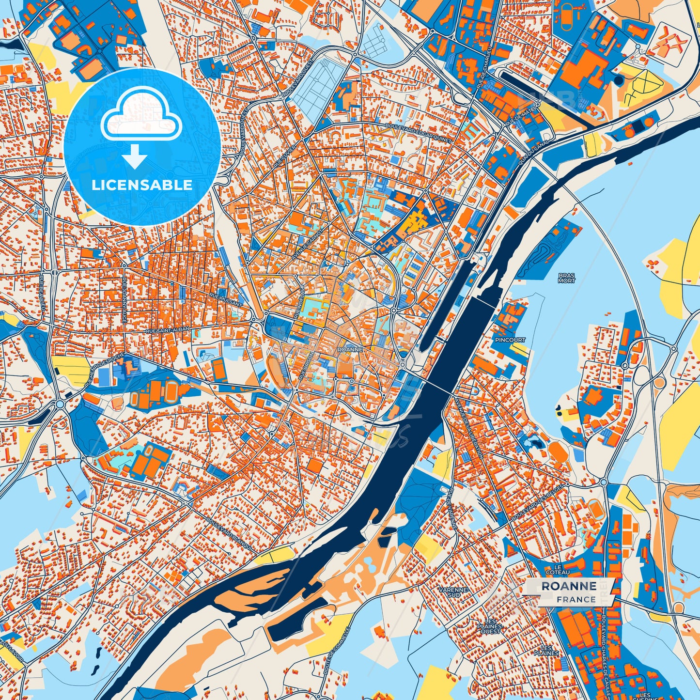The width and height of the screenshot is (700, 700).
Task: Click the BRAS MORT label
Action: point(566,278)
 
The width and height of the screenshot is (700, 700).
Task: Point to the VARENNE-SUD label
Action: point(452,592)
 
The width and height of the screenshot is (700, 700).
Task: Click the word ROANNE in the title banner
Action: point(569,586)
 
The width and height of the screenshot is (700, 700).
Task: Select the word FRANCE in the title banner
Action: point(576,599)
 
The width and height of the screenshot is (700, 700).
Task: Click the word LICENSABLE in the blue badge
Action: point(142,185)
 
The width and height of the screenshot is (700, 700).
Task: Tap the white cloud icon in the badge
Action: point(141,115)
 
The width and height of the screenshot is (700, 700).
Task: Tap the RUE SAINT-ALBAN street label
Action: point(168,330)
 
